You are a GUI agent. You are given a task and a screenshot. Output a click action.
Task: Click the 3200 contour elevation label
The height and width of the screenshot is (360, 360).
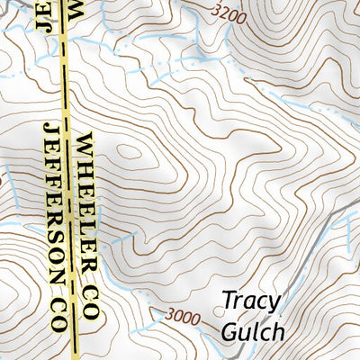231,13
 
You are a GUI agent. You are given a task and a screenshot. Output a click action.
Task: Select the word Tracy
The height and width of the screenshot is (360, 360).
251,300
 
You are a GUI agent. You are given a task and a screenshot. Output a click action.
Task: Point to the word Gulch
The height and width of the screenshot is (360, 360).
253,330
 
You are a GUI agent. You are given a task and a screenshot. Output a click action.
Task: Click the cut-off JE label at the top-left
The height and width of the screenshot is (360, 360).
42,14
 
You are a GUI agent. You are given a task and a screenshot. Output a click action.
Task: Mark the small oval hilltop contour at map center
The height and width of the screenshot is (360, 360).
130,151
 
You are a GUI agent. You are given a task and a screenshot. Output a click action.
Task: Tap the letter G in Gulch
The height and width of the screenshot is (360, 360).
231,329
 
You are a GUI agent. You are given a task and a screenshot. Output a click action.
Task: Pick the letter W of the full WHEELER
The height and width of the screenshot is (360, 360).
86,142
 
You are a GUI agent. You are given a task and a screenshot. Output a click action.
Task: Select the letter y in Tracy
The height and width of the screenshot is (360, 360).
274,302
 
